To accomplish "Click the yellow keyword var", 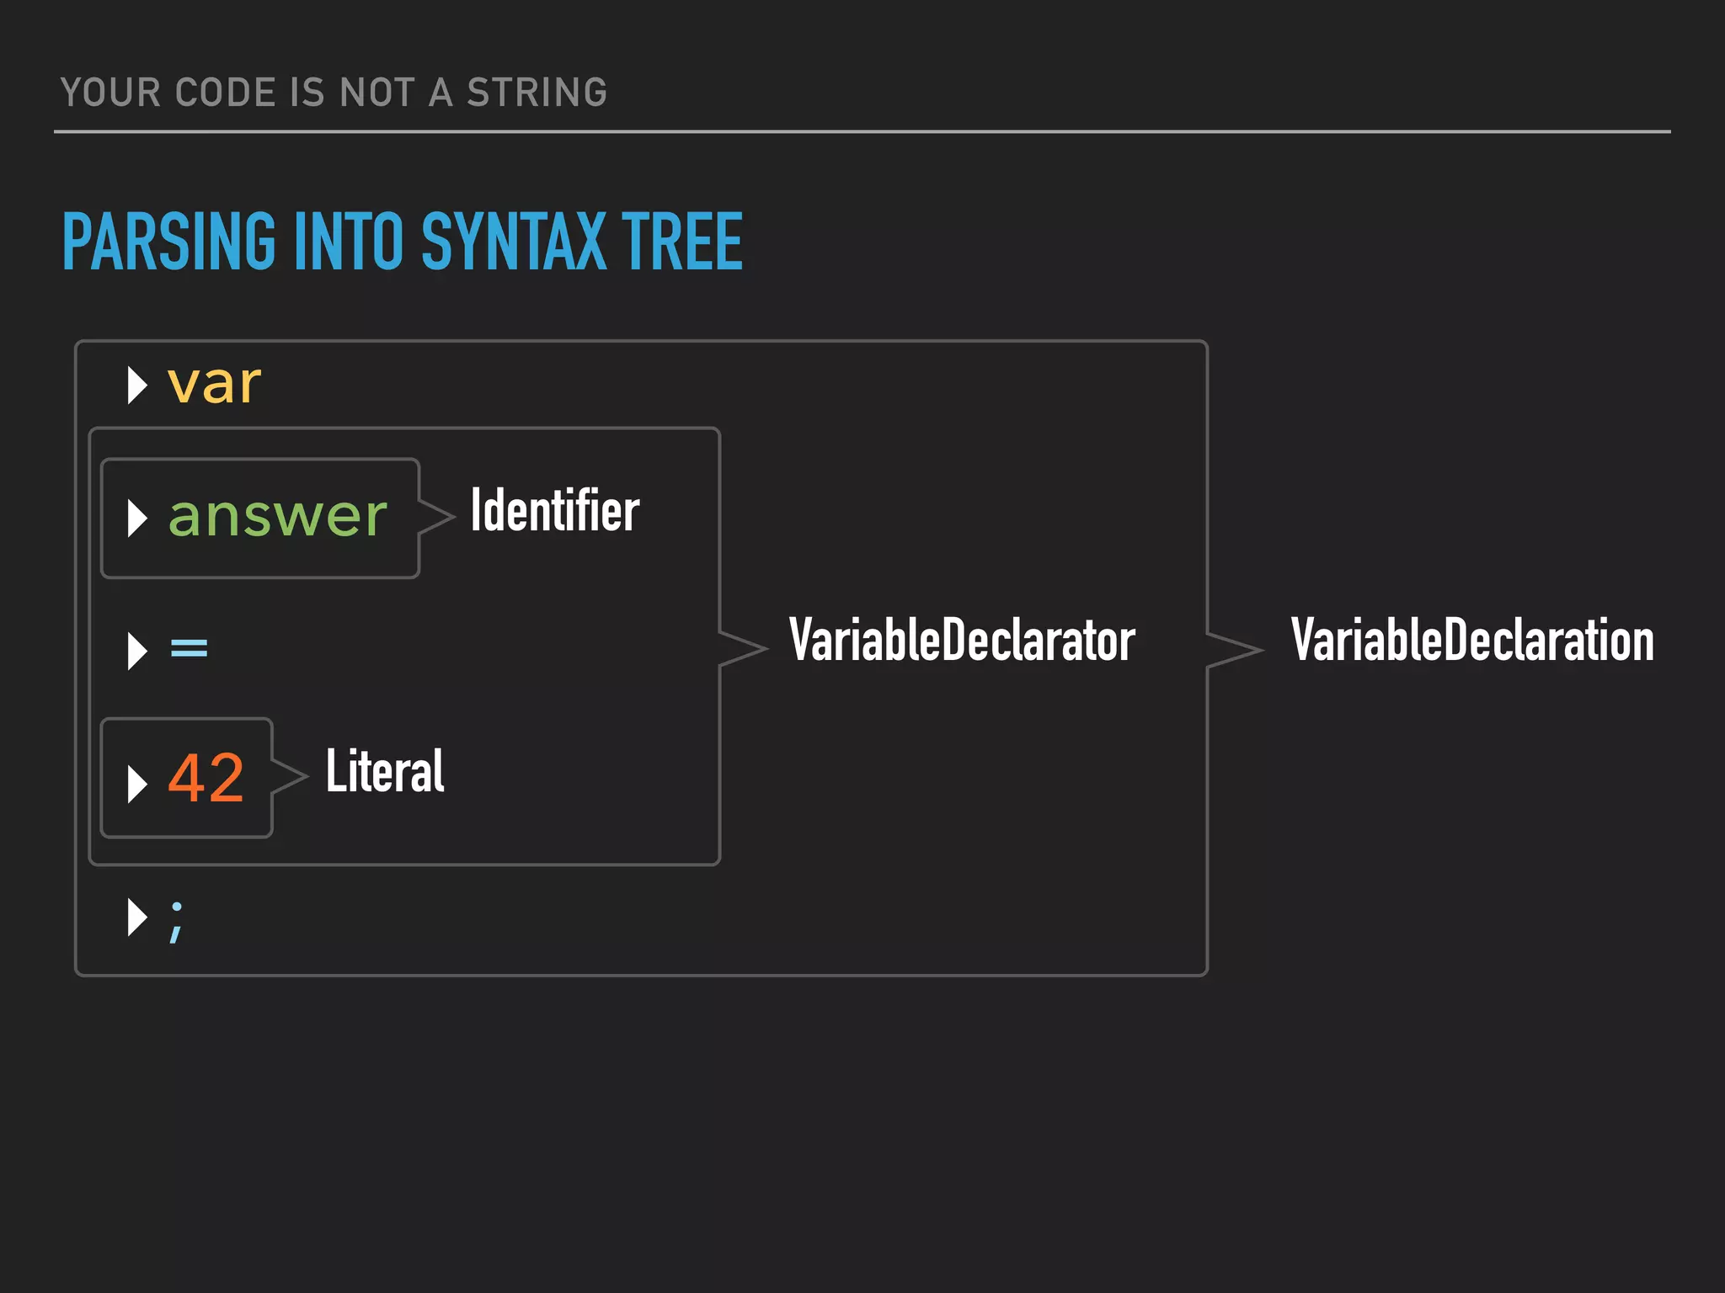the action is pos(214,386).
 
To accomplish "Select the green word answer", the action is pos(277,516).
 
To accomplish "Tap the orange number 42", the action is pos(206,777).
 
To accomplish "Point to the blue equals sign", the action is pos(189,648).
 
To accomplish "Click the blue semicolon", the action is pos(176,921).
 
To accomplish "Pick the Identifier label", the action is pos(554,510).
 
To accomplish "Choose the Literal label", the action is pos(385,771).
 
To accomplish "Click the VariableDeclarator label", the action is pos(961,641).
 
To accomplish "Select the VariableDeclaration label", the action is pos(1472,641).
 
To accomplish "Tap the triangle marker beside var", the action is pos(136,386).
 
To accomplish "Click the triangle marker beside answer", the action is pos(136,518).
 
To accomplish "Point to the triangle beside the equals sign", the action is pos(136,650).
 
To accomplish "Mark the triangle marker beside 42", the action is pos(136,783).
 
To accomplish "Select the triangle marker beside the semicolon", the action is pos(136,917).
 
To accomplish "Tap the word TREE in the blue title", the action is pos(681,242).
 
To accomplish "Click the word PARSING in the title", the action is pos(168,242).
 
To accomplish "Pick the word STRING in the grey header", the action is pos(537,93).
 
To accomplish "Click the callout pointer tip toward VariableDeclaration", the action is pos(1260,649).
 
